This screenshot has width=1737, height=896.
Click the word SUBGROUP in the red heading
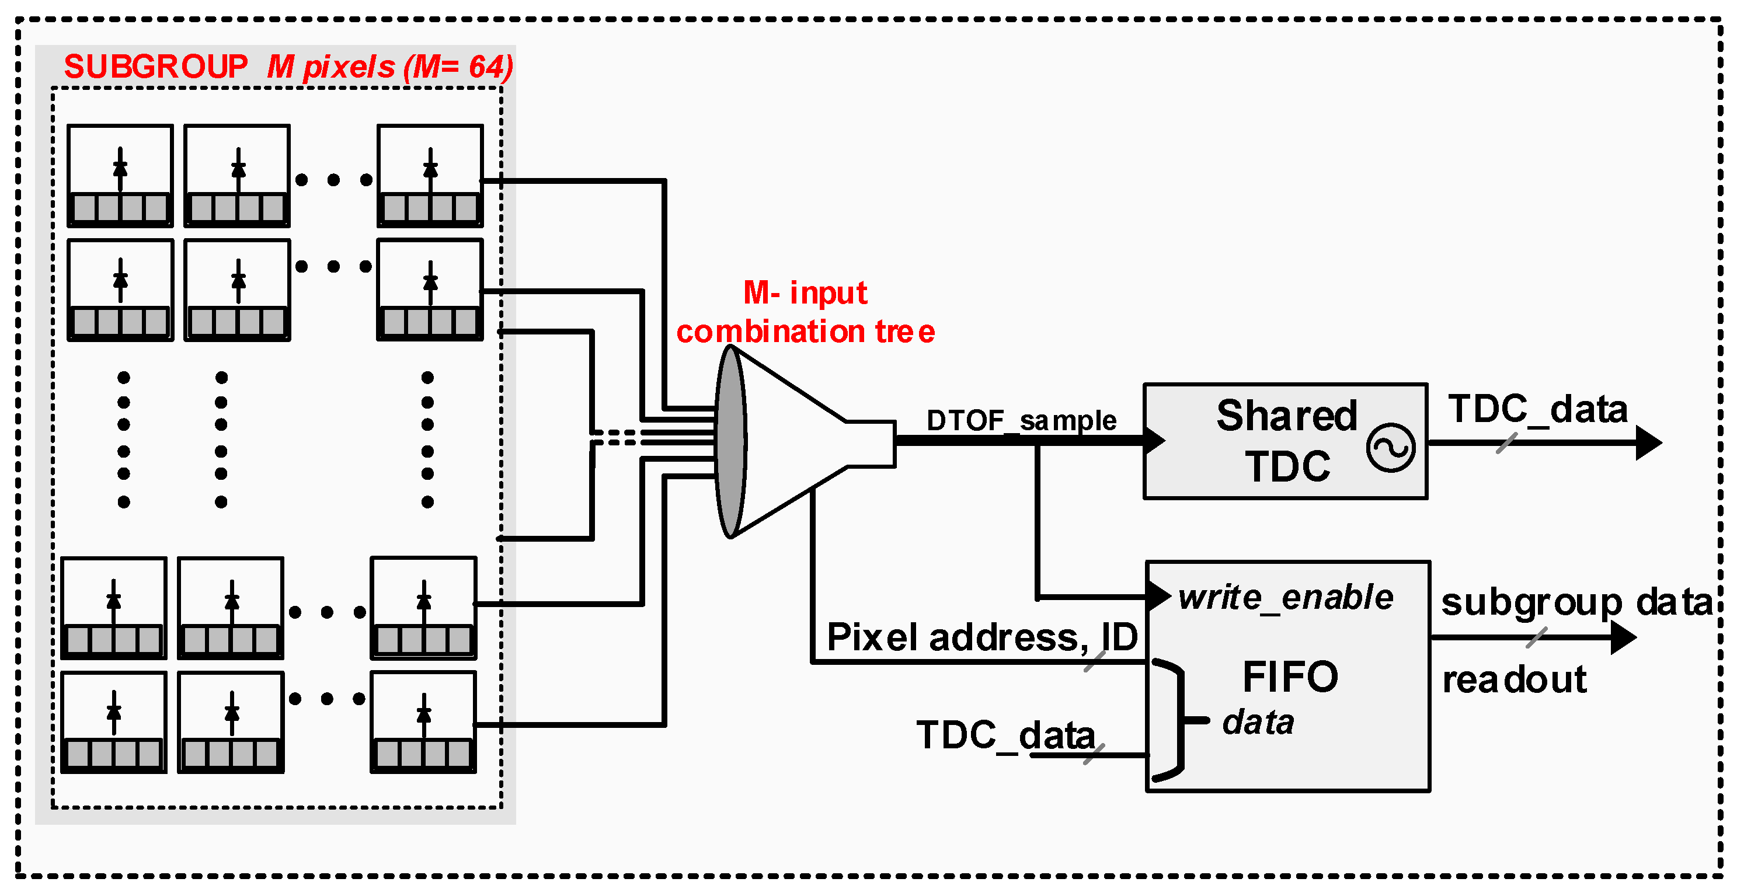(x=155, y=67)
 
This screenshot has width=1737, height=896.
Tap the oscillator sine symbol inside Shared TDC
(x=1390, y=448)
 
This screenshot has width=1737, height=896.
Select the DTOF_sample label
(x=1021, y=421)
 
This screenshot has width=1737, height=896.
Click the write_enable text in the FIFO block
(x=1285, y=597)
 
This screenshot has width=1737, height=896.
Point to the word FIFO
(x=1289, y=677)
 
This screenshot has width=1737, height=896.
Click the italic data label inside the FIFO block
(x=1258, y=722)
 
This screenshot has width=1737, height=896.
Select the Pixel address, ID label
(x=982, y=637)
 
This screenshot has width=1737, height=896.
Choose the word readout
(x=1514, y=679)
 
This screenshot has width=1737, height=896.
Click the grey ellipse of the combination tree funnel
(x=730, y=442)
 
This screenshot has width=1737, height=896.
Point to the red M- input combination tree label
(x=805, y=312)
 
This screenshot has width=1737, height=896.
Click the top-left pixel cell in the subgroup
(x=120, y=176)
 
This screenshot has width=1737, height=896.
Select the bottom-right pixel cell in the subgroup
(x=423, y=722)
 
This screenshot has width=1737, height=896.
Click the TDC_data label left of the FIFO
(x=1005, y=734)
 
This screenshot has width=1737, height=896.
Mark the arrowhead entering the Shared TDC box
(x=1154, y=440)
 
